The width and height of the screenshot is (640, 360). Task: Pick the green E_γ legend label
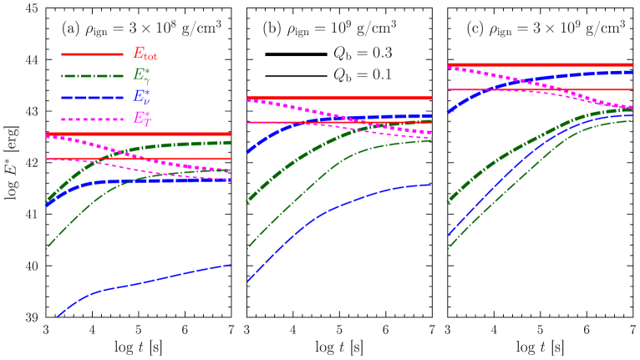(x=143, y=75)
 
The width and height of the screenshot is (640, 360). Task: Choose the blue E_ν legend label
(x=143, y=97)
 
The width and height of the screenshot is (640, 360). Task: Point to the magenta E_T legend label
(x=143, y=118)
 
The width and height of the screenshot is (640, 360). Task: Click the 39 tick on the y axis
(x=32, y=318)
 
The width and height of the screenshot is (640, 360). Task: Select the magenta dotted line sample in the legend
(x=92, y=119)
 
